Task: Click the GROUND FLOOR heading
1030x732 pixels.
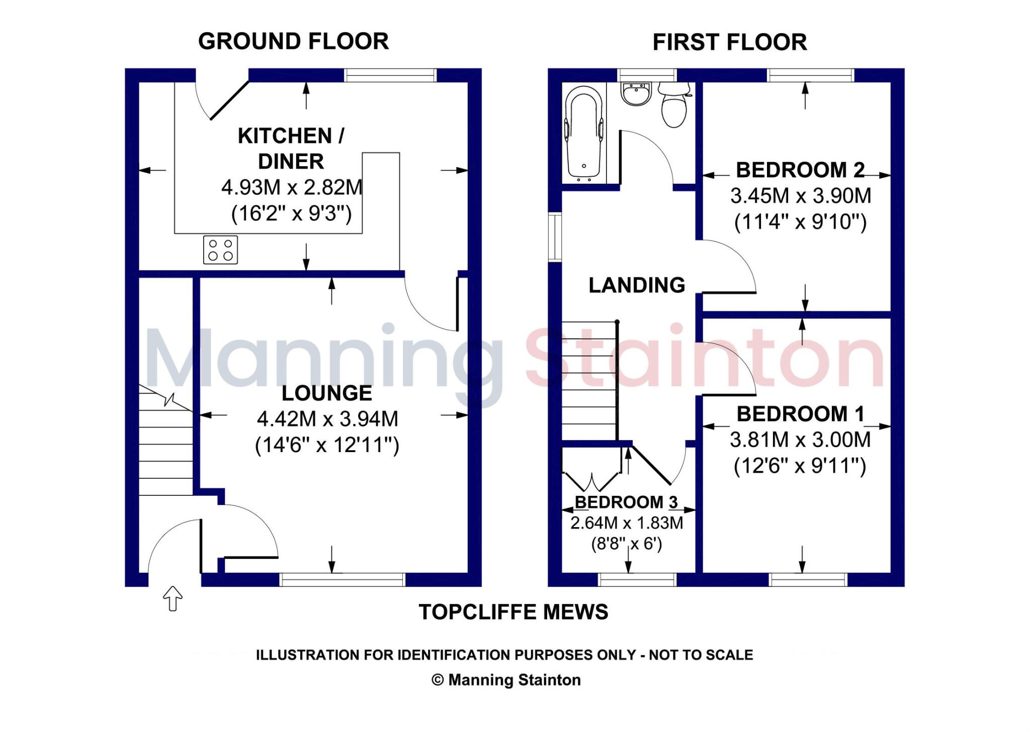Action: click(x=293, y=41)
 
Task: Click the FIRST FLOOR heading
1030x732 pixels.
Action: click(x=729, y=42)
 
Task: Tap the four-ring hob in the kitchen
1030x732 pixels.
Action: click(x=220, y=250)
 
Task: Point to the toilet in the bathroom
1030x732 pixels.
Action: click(x=674, y=105)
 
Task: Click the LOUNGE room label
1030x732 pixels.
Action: click(x=326, y=393)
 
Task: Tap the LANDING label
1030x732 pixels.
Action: click(x=637, y=285)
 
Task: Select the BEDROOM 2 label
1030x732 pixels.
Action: click(x=800, y=170)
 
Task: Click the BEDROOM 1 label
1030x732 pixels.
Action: click(x=800, y=414)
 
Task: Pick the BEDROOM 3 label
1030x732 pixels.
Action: click(x=626, y=502)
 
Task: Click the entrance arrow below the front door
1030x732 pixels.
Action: click(x=173, y=598)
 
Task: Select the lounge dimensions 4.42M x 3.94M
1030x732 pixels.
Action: click(x=327, y=419)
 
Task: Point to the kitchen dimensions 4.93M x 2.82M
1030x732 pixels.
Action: click(x=292, y=188)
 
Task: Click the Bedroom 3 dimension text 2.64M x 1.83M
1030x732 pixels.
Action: click(x=627, y=523)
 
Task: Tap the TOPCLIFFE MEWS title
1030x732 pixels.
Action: click(x=513, y=612)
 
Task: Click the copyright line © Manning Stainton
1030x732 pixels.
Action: click(x=506, y=680)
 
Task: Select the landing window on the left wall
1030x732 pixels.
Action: click(x=555, y=237)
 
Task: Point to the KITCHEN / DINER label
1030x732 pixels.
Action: click(x=291, y=149)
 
